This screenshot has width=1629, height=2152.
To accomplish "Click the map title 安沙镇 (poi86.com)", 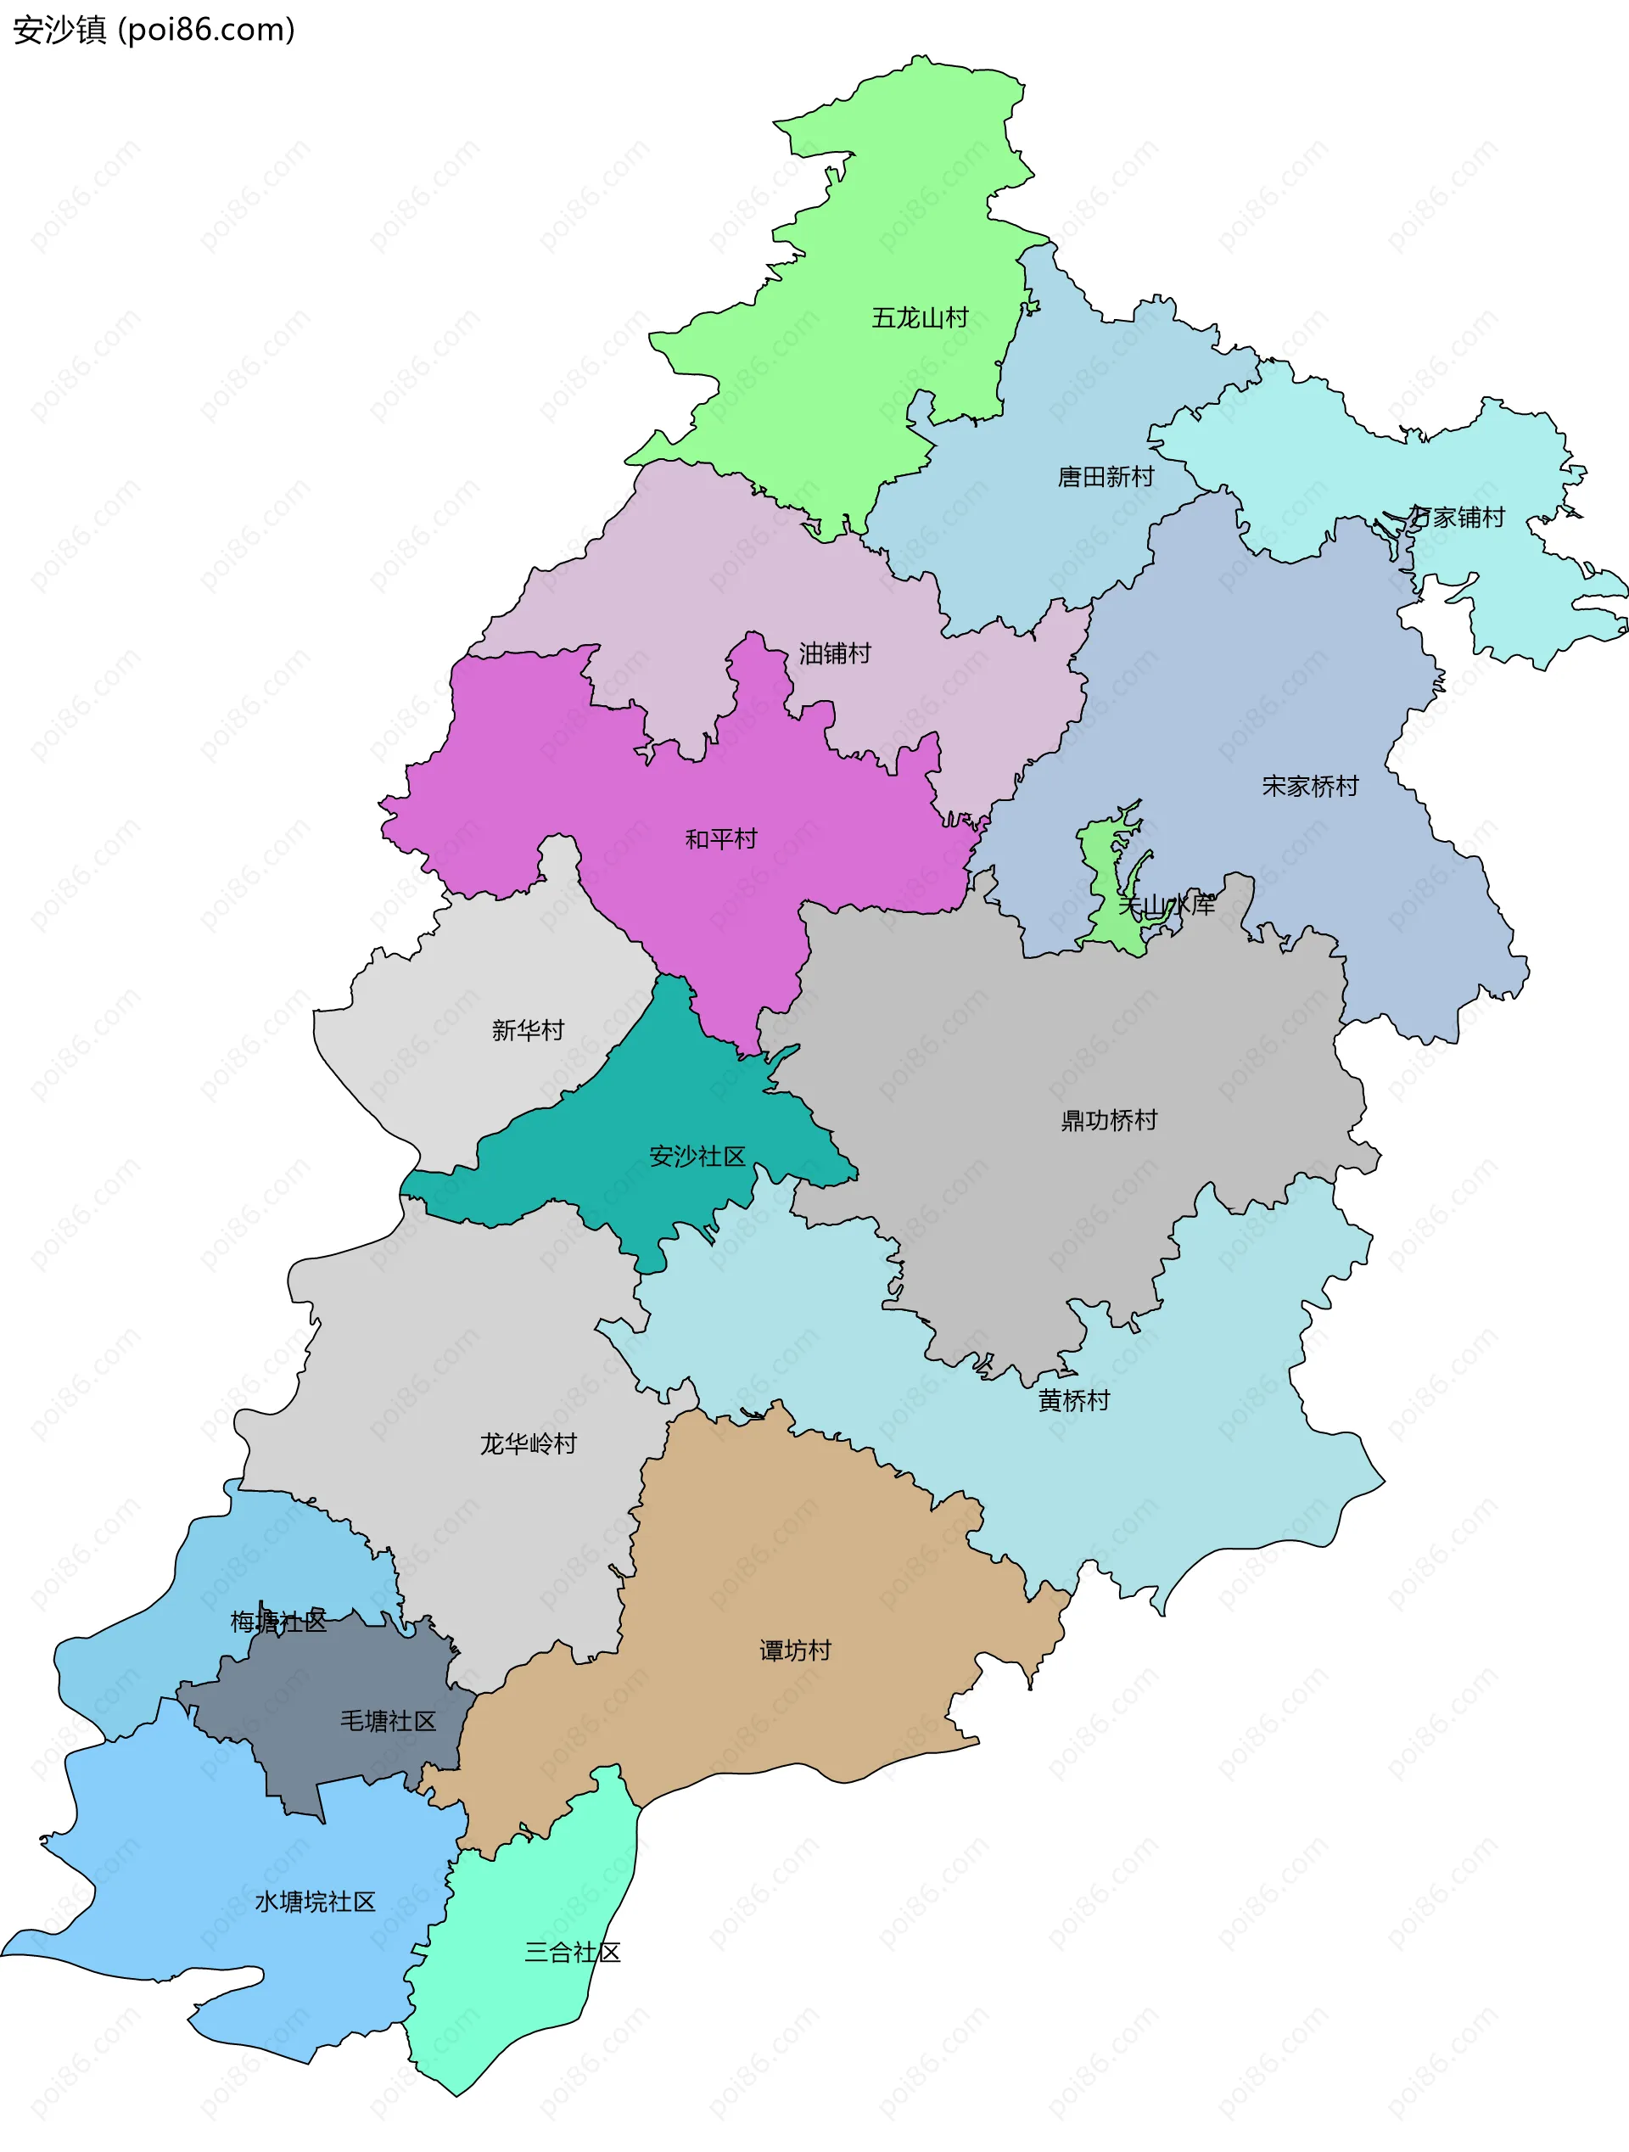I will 154,31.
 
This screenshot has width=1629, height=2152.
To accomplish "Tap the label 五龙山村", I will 919,318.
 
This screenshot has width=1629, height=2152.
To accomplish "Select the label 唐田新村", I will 1106,477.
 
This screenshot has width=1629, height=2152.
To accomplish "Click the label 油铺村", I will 834,653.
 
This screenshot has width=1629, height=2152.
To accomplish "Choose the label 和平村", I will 720,838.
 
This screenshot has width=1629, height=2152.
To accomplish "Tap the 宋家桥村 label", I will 1309,786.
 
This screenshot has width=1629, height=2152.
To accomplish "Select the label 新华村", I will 528,1029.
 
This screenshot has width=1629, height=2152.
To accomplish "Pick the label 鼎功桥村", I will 1109,1120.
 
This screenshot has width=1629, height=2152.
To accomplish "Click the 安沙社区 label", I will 697,1156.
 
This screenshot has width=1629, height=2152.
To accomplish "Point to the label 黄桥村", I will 1073,1400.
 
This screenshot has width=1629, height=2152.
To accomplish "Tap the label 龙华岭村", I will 528,1443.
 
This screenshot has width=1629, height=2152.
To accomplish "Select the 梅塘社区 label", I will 278,1622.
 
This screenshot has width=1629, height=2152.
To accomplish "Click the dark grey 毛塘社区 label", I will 388,1721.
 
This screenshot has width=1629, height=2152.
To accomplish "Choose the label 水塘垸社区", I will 315,1902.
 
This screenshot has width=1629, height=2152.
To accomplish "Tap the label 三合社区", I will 572,1953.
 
